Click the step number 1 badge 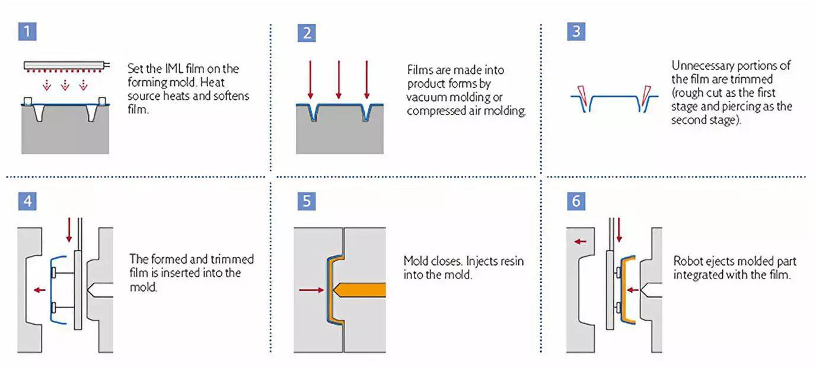tap(27, 31)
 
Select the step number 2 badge tap(307, 33)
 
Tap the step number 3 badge tap(576, 31)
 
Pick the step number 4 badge tap(27, 201)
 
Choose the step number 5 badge tap(307, 201)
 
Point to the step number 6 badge tap(576, 201)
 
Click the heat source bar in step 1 tap(66, 65)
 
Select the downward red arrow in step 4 tap(69, 230)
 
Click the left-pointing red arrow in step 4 tap(40, 290)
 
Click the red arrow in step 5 tap(311, 290)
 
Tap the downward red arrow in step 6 tap(619, 230)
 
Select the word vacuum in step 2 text tap(423, 97)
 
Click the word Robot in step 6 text tap(687, 261)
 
